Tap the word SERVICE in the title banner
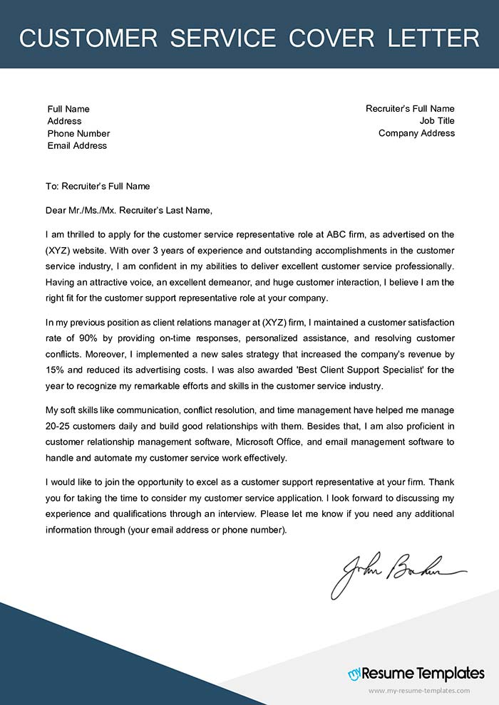tap(215, 37)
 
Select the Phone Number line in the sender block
tap(78, 133)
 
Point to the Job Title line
tap(437, 121)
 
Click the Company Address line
tap(416, 133)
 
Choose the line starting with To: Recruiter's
tap(98, 186)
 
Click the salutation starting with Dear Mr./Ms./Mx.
tap(128, 210)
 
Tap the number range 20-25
tap(60, 426)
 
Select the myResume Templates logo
tap(416, 673)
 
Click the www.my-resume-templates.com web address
tap(419, 691)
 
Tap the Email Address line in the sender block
tap(77, 145)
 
